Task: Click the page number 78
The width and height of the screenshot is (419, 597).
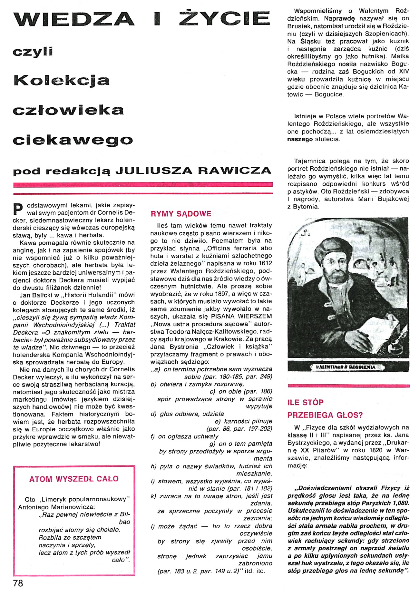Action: point(18,583)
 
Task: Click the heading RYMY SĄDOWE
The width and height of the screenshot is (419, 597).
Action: point(181,214)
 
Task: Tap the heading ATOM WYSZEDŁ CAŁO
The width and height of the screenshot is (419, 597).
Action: point(74,479)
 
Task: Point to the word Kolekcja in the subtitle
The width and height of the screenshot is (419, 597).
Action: point(62,81)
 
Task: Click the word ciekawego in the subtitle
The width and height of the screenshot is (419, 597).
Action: point(73,140)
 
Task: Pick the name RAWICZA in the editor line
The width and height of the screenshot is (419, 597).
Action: point(234,171)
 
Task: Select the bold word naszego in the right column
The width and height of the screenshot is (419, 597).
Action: point(300,139)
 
